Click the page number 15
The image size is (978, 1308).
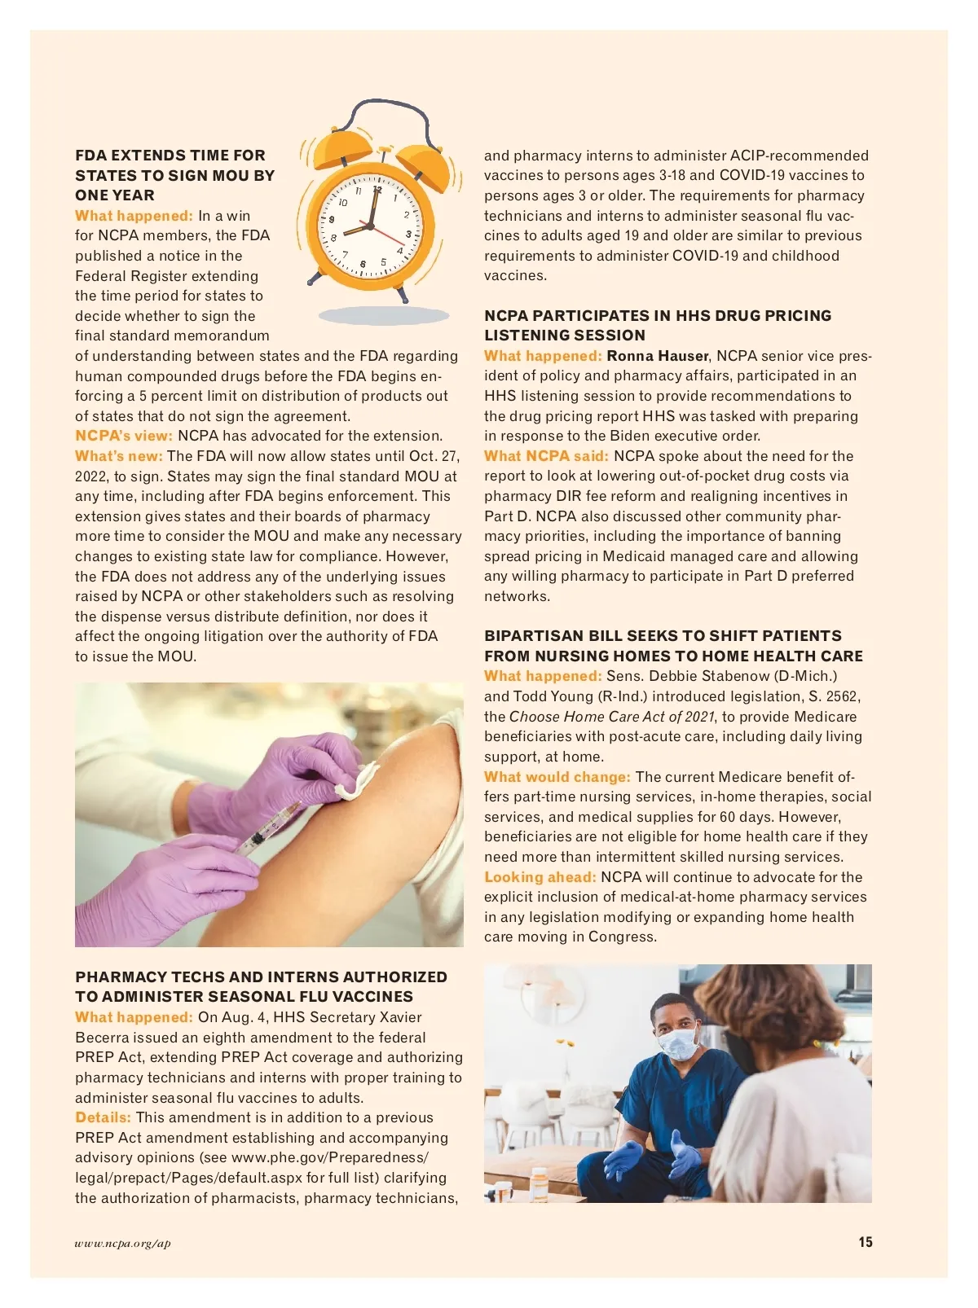pyautogui.click(x=865, y=1242)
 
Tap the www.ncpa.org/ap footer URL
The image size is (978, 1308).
pyautogui.click(x=122, y=1243)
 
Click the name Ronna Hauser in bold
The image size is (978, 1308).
pyautogui.click(x=658, y=356)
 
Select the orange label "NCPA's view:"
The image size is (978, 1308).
pyautogui.click(x=124, y=436)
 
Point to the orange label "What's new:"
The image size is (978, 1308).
pyautogui.click(x=119, y=456)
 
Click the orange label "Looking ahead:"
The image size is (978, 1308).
pyautogui.click(x=540, y=877)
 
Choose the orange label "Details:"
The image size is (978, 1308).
pyautogui.click(x=103, y=1117)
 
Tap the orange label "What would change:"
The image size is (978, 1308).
pyautogui.click(x=557, y=777)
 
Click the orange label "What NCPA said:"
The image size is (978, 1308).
pyautogui.click(x=546, y=456)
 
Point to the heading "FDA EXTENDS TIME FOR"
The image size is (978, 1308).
pyautogui.click(x=170, y=156)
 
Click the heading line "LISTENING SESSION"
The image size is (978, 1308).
pyautogui.click(x=565, y=336)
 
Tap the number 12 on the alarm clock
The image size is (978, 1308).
pyautogui.click(x=377, y=190)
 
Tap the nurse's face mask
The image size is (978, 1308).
pyautogui.click(x=678, y=1042)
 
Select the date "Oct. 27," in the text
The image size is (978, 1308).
pyautogui.click(x=434, y=456)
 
